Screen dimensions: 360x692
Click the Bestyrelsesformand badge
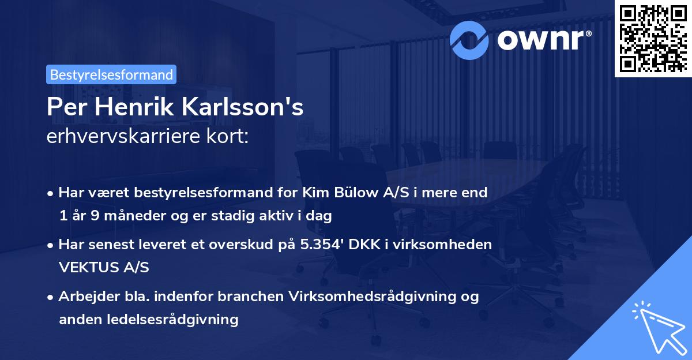(x=111, y=74)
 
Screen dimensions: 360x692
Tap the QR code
(x=653, y=38)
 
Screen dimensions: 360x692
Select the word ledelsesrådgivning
(x=176, y=319)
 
